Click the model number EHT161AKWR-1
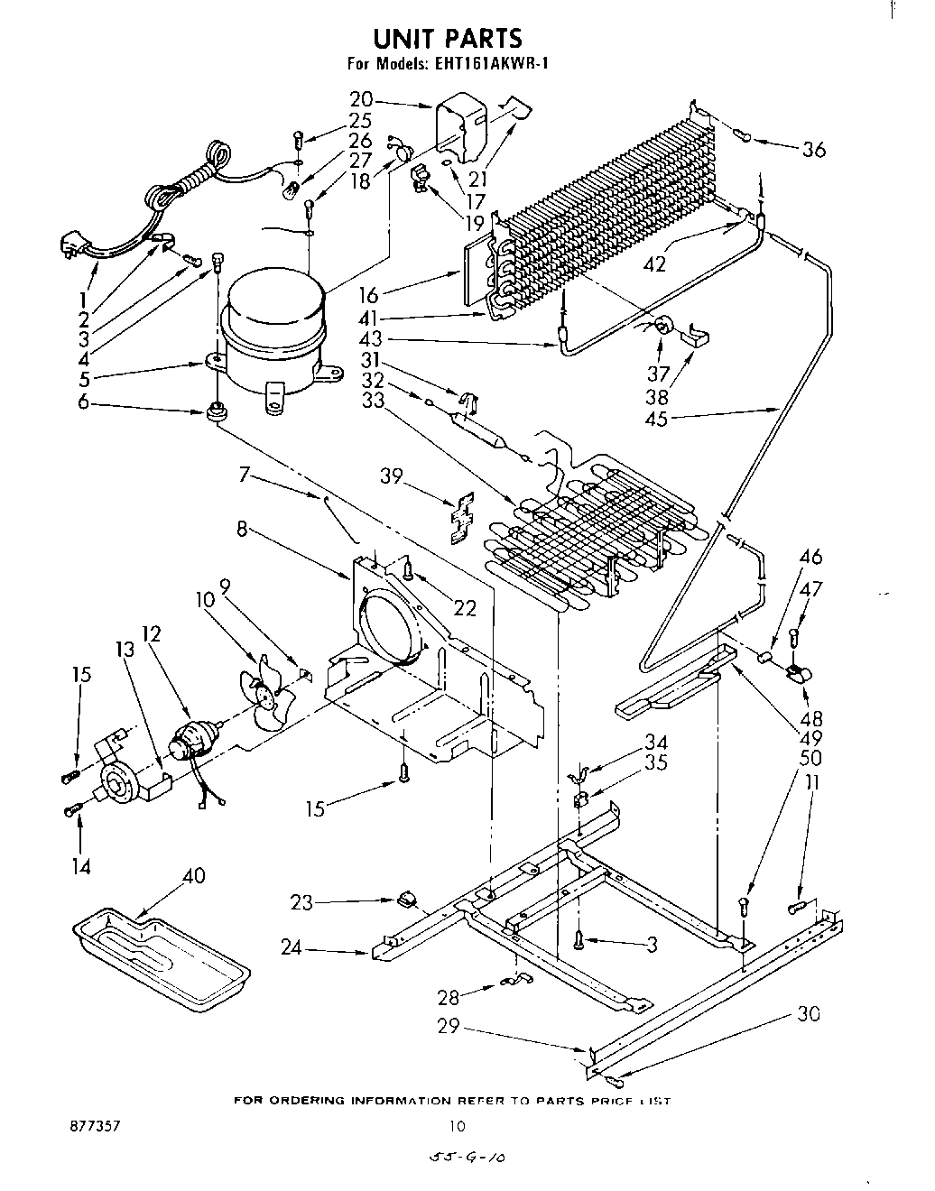[495, 64]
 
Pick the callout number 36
[813, 150]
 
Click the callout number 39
[390, 478]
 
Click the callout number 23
[301, 901]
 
